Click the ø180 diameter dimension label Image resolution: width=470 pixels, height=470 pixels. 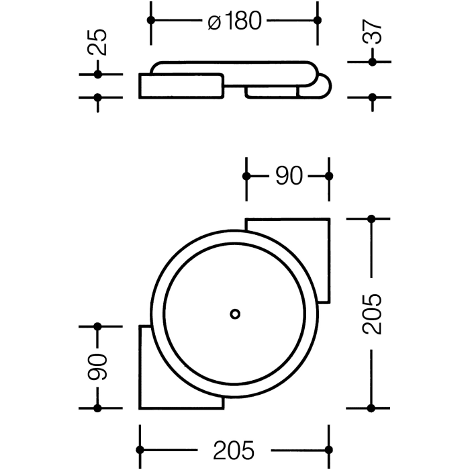tap(234, 21)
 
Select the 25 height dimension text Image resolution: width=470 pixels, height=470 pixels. tap(98, 42)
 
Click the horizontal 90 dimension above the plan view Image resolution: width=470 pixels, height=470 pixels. tap(288, 176)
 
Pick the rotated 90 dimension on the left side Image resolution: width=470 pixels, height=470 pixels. tap(98, 367)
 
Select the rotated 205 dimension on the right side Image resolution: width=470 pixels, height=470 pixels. tap(371, 314)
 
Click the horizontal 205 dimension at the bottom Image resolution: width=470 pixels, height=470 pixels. tap(234, 449)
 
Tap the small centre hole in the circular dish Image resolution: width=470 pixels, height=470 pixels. tap(234, 314)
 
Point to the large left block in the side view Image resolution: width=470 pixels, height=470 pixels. tap(180, 86)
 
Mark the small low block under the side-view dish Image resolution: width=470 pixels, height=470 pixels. tap(271, 92)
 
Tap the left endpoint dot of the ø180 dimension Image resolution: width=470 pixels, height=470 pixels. tap(151, 20)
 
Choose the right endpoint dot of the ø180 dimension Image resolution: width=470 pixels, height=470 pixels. tap(317, 20)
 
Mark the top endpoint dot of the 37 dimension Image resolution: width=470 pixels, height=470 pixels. tap(371, 62)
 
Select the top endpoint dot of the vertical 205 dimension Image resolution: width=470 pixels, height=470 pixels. tap(371, 219)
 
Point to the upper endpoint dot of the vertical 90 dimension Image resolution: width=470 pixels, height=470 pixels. tap(98, 326)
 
